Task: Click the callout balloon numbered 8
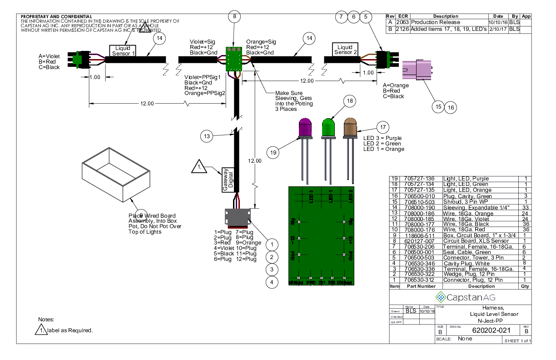click(234, 17)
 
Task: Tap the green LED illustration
click(328, 127)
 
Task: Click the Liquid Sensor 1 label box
click(123, 51)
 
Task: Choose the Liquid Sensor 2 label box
click(345, 49)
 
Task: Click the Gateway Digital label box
click(228, 180)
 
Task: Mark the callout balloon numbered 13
click(207, 135)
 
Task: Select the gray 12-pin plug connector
click(239, 217)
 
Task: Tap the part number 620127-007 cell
click(419, 241)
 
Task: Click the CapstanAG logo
click(465, 297)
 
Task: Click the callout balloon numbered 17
click(383, 128)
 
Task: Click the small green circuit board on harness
click(234, 59)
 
